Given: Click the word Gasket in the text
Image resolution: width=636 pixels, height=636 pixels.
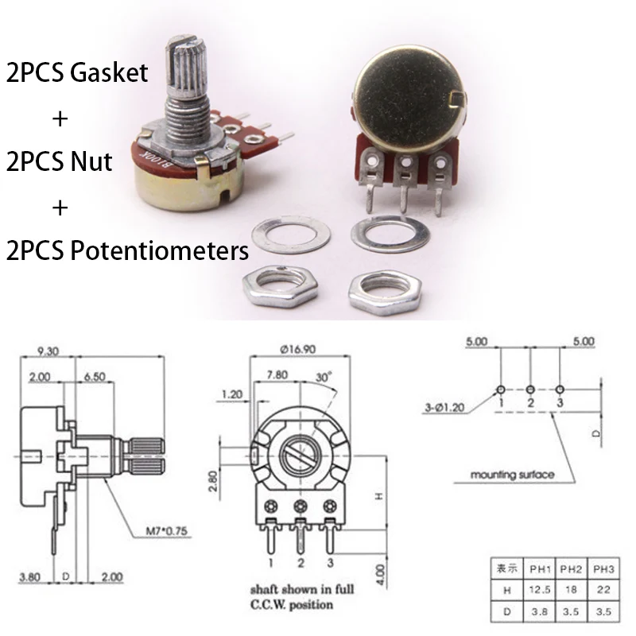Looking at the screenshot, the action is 109,72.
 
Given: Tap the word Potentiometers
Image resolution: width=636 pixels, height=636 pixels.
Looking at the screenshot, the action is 160,250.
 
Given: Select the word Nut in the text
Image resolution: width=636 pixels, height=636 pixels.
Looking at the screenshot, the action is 91,161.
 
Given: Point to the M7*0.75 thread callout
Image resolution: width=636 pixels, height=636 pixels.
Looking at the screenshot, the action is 166,531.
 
